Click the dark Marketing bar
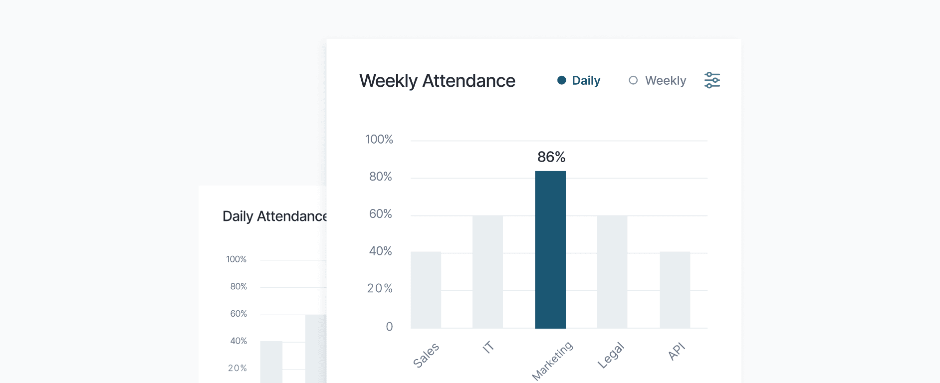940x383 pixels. [x=550, y=249]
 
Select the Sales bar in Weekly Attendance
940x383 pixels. [x=426, y=290]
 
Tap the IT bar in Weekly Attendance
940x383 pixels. [x=487, y=272]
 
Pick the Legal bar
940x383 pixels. [x=612, y=272]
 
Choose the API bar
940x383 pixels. [x=675, y=290]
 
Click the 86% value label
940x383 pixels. [x=551, y=157]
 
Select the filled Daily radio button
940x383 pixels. [x=562, y=80]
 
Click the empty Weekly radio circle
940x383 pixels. [x=633, y=80]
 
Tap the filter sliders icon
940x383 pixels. [x=712, y=80]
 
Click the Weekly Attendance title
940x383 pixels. [x=437, y=81]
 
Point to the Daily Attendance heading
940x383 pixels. [x=274, y=216]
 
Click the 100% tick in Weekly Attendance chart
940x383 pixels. [x=379, y=139]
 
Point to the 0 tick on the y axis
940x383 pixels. [x=389, y=327]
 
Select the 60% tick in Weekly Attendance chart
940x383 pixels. [x=380, y=214]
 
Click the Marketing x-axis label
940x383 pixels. [x=552, y=361]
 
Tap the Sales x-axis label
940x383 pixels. [x=426, y=355]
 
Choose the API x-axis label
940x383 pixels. [x=677, y=351]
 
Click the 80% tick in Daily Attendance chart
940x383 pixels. [x=238, y=286]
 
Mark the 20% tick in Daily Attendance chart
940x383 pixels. [x=237, y=368]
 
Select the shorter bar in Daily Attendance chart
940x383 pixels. [x=271, y=362]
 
